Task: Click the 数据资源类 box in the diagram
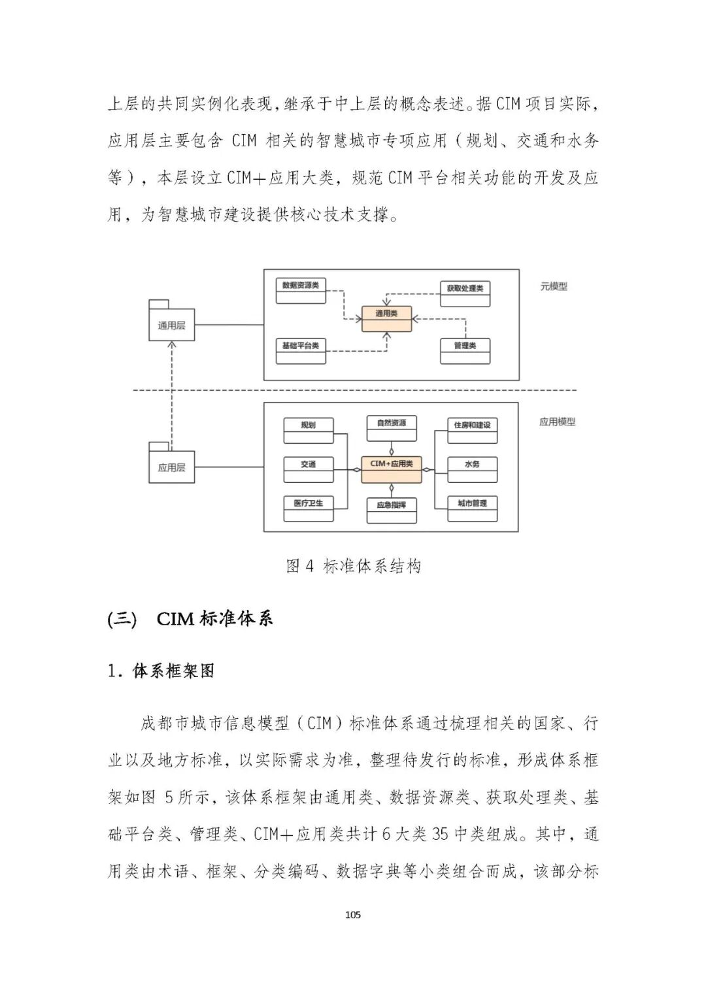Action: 301,291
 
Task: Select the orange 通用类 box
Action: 386,318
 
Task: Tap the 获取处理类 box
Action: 465,293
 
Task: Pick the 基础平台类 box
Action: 301,351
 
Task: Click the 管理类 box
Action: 465,351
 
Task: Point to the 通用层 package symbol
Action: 171,323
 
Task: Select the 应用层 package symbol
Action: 171,465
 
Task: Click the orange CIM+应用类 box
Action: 392,469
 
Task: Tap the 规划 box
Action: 309,430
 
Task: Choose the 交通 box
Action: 309,469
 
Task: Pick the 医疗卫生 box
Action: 309,508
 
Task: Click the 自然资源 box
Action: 392,428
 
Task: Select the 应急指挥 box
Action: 392,510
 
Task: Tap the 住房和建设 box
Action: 472,430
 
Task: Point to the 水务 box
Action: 472,469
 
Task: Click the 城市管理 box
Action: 472,508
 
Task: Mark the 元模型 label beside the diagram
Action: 554,286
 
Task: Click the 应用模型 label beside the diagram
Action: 557,422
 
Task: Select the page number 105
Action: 353,914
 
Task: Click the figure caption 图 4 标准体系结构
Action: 353,566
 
